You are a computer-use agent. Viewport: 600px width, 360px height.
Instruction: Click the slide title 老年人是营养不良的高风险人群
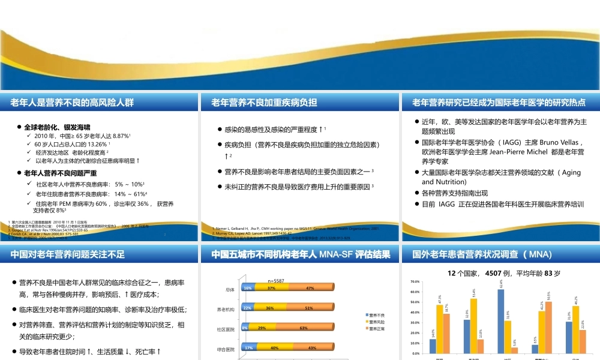[x=72, y=103]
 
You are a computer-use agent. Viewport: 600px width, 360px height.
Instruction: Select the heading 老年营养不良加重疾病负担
[x=264, y=103]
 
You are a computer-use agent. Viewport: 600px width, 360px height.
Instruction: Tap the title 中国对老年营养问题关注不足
[x=67, y=254]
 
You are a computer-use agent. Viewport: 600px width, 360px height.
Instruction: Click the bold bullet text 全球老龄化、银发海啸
[x=57, y=127]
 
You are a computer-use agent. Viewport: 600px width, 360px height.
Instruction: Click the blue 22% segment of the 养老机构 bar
[x=247, y=308]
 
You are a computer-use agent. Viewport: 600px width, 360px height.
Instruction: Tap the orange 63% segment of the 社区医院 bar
[x=304, y=328]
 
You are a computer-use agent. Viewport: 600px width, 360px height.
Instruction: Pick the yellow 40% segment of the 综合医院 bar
[x=274, y=348]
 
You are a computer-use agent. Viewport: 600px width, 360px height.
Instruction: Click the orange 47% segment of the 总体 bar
[x=310, y=288]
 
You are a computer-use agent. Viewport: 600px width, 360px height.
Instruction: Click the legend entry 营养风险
[x=376, y=322]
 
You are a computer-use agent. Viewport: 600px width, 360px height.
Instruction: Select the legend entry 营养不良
[x=376, y=315]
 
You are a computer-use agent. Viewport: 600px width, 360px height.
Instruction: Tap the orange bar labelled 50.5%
[x=548, y=327]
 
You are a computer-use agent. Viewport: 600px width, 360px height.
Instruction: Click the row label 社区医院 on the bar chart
[x=226, y=329]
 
